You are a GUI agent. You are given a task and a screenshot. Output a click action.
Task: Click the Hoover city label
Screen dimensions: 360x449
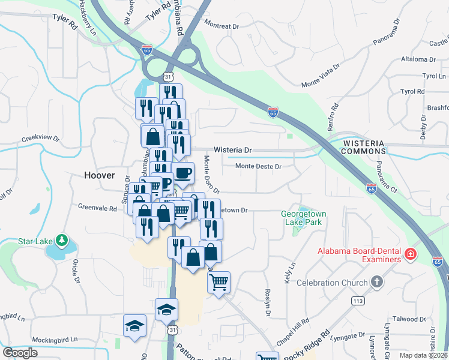point(99,175)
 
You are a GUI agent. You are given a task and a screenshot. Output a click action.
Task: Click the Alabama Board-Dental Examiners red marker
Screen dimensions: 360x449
point(411,254)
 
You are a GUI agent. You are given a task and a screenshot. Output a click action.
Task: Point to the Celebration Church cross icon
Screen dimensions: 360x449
point(376,282)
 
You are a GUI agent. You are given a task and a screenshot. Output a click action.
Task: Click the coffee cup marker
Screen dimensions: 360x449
point(182,173)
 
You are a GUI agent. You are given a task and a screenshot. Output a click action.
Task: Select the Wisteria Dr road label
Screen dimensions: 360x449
point(232,150)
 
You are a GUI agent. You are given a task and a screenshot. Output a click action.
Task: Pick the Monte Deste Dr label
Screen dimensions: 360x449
point(258,166)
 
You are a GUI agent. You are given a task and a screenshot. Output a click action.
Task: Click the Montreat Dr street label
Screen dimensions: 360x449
point(221,26)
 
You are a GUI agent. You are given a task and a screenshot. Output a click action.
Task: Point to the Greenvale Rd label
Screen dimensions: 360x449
point(97,208)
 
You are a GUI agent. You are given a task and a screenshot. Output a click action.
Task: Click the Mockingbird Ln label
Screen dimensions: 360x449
point(55,339)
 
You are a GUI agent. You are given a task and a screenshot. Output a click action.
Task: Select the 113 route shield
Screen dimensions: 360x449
point(359,301)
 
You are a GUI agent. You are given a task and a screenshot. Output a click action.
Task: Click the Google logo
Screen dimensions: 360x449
point(20,353)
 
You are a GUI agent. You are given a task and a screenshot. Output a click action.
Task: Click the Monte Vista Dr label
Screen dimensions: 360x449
point(321,76)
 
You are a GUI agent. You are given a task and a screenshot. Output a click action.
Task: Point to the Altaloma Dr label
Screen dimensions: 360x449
point(418,60)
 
